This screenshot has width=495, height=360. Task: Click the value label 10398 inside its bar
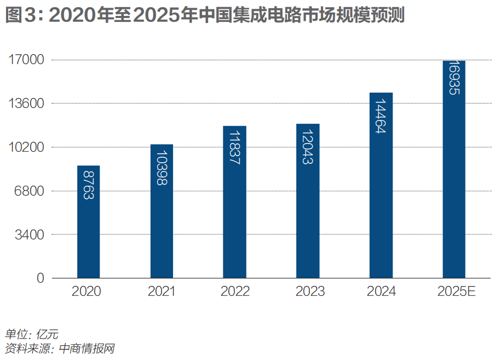(x=162, y=168)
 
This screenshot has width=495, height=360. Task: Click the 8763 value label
(x=88, y=184)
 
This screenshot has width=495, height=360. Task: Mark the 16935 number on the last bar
(x=454, y=78)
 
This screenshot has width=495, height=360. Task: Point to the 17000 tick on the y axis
(x=26, y=60)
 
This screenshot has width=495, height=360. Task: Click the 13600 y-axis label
(x=26, y=104)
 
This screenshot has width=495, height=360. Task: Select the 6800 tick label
(x=28, y=191)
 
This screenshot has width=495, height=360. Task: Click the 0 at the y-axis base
(x=40, y=278)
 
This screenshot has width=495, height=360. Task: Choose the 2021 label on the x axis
(x=162, y=292)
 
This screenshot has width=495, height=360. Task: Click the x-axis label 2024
(x=381, y=292)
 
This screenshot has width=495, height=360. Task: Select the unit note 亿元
(x=47, y=334)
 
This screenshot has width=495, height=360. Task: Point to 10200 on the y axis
(x=26, y=147)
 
